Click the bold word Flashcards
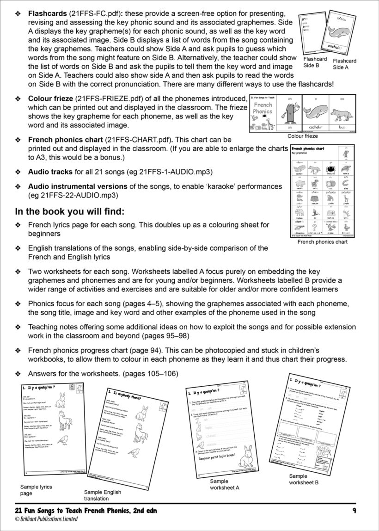click(x=47, y=14)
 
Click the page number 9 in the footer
click(x=353, y=511)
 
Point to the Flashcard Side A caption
click(x=344, y=64)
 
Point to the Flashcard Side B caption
click(x=315, y=62)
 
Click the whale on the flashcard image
click(x=341, y=34)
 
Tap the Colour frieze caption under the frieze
click(x=303, y=136)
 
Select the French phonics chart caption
click(x=322, y=242)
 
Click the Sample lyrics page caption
click(x=36, y=490)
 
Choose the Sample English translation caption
click(x=103, y=495)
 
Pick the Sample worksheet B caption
click(x=304, y=479)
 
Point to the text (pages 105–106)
click(x=147, y=373)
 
